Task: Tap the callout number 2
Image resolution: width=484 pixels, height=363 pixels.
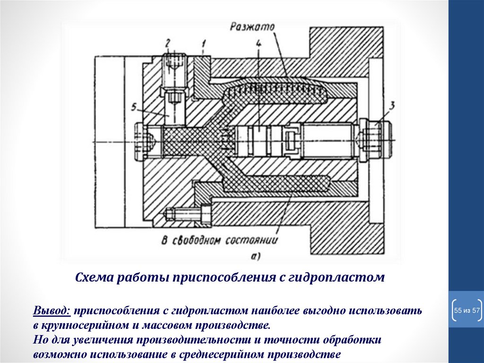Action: pos(168,44)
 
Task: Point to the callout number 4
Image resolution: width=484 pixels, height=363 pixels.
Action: pos(258,44)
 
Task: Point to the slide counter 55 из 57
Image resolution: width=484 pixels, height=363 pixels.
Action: pos(467,310)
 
